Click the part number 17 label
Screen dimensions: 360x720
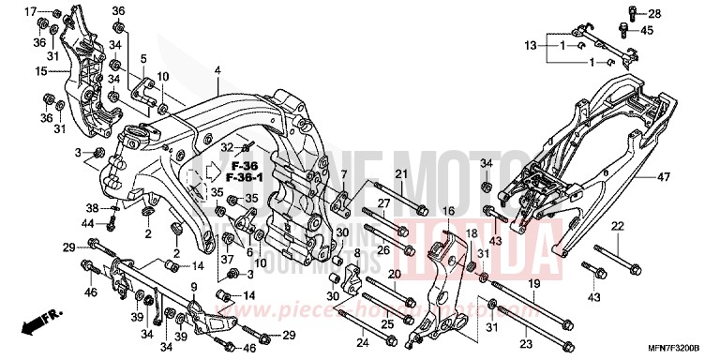pos(31,11)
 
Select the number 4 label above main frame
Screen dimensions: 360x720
pos(217,71)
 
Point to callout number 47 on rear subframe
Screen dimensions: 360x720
pos(690,176)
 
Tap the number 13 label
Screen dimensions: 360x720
pos(531,45)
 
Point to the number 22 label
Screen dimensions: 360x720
pos(618,228)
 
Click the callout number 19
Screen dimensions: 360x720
pos(532,283)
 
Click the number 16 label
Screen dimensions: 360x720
pos(448,212)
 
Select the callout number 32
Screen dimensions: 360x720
pos(227,147)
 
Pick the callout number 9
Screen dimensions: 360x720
pos(194,287)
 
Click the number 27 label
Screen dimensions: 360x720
pos(383,203)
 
